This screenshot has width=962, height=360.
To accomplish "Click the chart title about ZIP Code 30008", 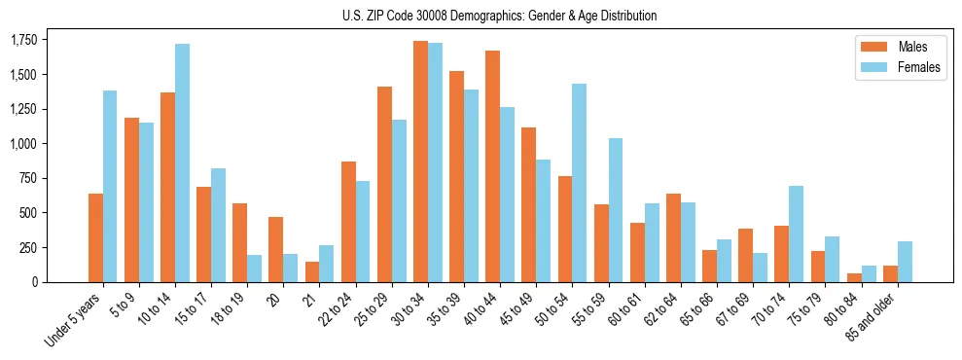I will (499, 16).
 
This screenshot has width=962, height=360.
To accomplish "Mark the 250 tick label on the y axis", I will (29, 248).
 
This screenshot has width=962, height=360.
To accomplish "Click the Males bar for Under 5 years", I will (95, 238).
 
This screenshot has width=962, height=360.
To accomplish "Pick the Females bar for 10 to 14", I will (182, 163).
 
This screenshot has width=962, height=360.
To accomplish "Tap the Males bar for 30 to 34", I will (420, 162).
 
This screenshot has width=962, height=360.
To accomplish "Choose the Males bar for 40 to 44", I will (492, 166).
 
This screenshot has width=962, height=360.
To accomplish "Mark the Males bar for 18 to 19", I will (240, 242).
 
